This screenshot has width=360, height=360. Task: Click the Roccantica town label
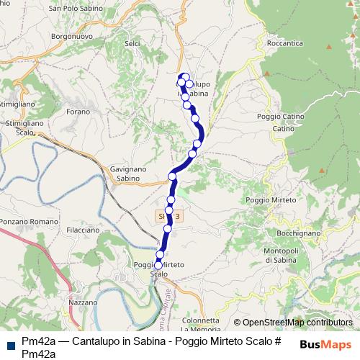click(x=287, y=42)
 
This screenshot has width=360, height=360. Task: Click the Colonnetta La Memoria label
click(x=200, y=325)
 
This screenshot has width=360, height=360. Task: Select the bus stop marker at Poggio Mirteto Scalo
click(x=158, y=265)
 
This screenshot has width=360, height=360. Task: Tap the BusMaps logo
click(x=325, y=345)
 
